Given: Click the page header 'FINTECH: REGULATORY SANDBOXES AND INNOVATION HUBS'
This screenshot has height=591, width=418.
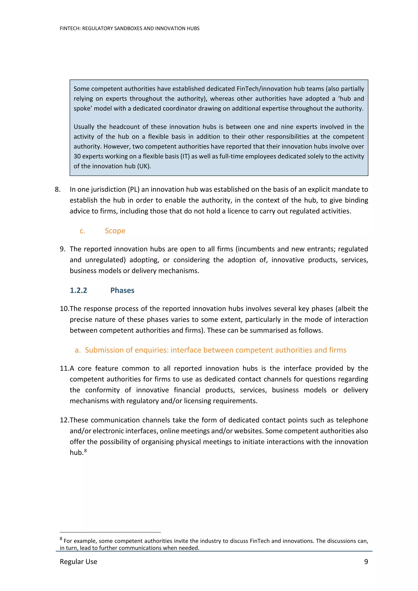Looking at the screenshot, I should tap(130, 29).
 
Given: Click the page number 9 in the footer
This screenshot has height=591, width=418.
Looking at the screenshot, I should tap(366, 561).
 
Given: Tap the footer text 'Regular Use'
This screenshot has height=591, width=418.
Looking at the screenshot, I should tap(78, 561).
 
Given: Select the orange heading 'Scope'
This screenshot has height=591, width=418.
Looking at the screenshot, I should tap(115, 231).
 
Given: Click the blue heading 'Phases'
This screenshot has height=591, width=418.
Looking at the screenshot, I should tap(122, 290).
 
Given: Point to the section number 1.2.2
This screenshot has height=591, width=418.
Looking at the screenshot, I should tap(78, 290).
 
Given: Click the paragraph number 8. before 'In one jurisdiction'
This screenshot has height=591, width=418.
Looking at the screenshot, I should tap(58, 189).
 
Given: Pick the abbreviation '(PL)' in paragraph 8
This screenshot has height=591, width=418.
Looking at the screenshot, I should tap(133, 189).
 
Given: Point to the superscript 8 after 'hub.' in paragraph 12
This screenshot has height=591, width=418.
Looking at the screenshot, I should tap(86, 450).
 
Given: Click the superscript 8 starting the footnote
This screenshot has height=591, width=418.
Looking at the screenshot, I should tap(61, 539).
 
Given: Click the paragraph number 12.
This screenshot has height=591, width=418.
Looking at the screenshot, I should tap(64, 420).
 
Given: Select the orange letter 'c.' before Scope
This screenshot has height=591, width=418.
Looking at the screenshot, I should tap(82, 231).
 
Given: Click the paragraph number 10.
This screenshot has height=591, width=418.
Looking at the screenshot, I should tap(64, 309).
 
